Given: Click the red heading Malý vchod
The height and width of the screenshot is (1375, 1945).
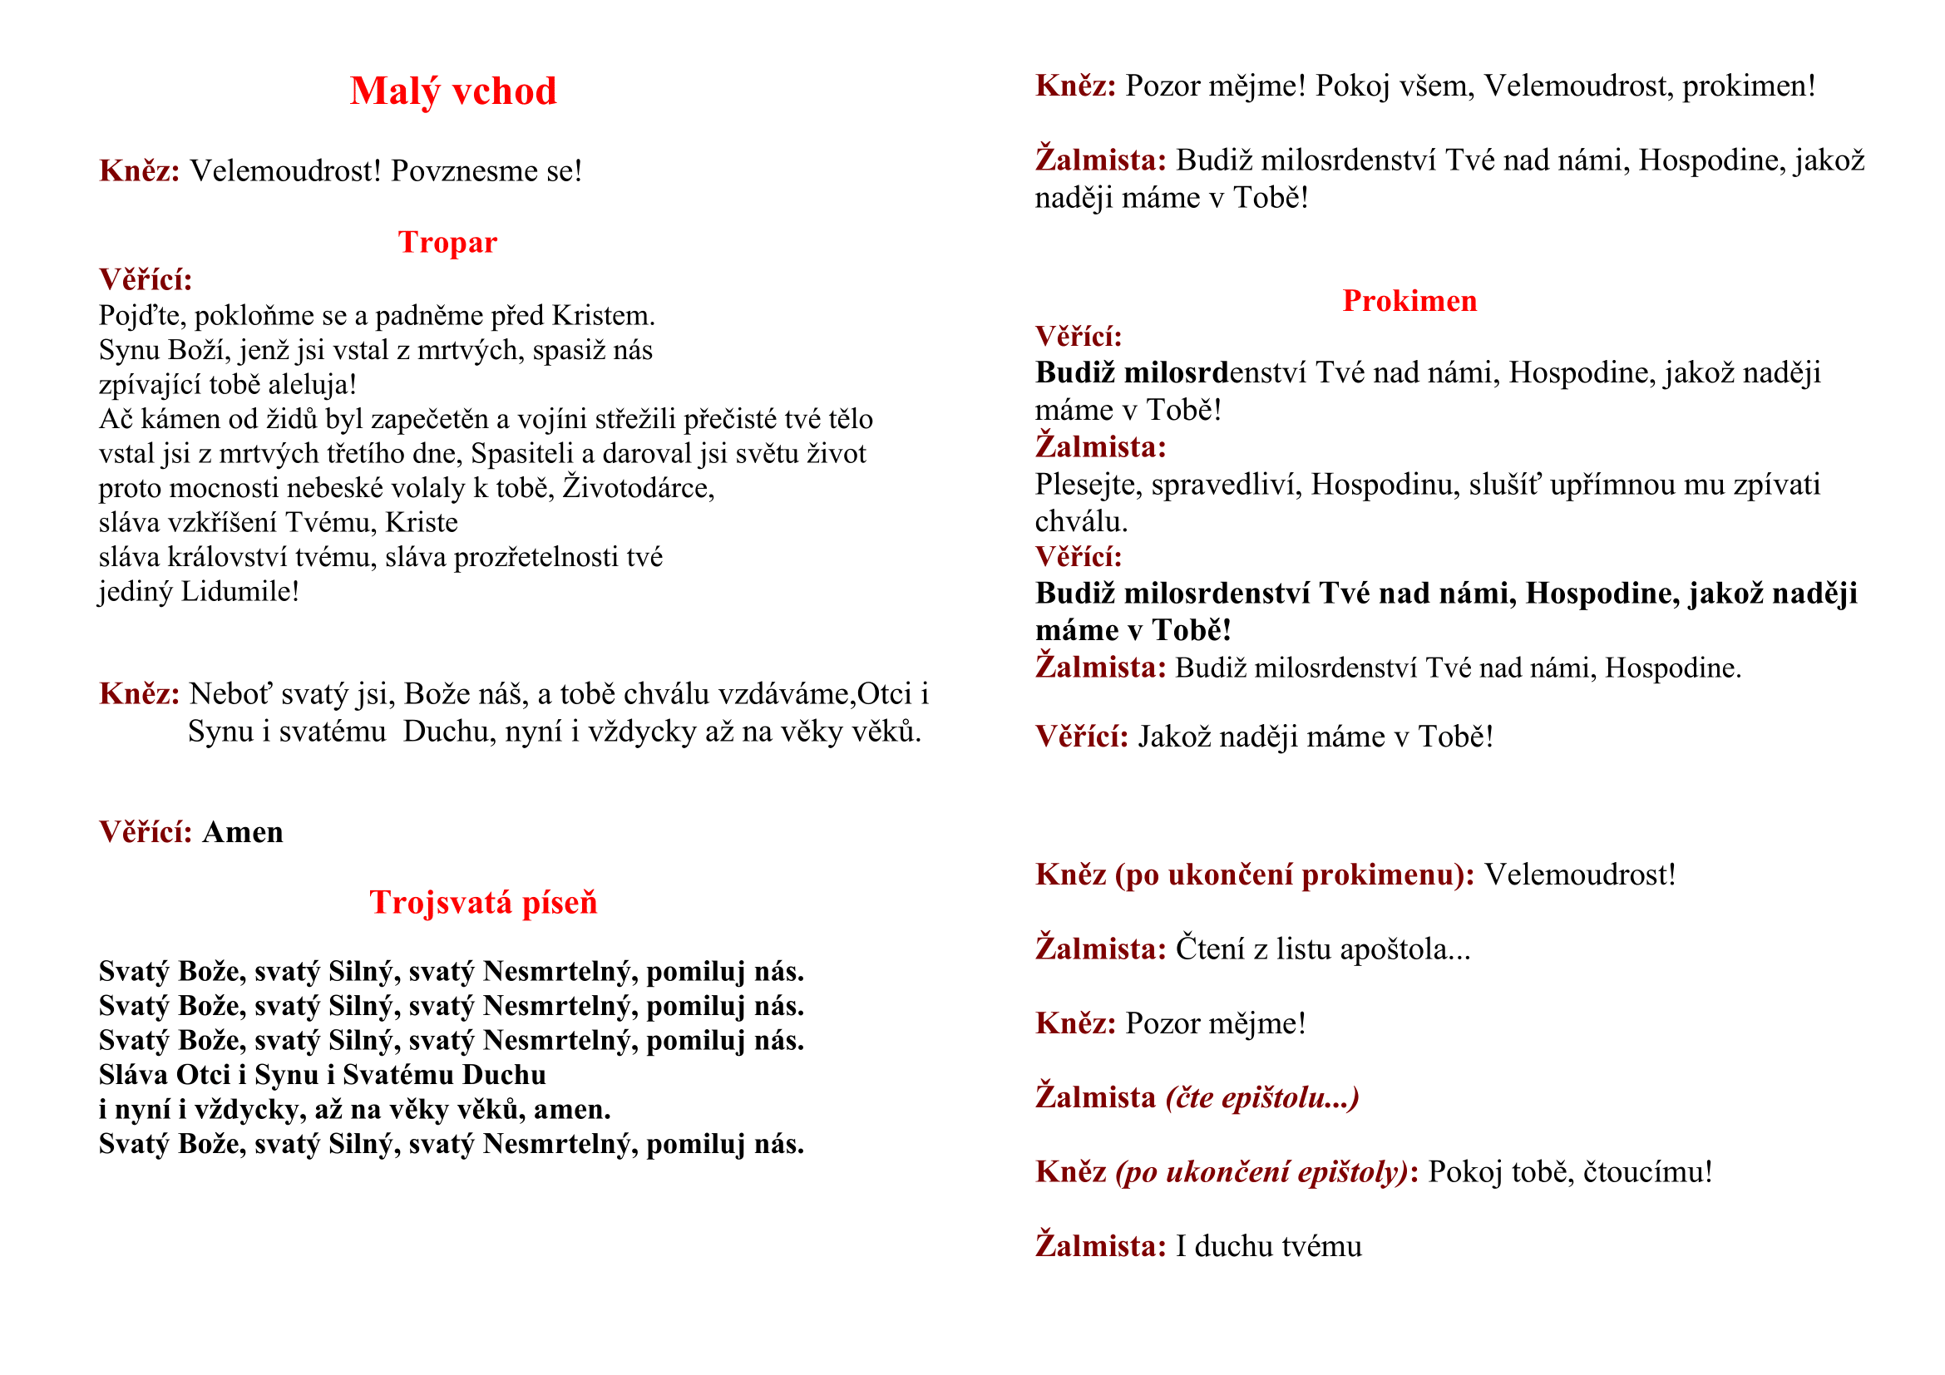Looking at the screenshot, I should pos(453,91).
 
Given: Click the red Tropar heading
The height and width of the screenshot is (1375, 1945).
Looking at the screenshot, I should pos(447,242).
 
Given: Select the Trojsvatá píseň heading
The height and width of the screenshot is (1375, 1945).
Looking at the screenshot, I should pos(483,903).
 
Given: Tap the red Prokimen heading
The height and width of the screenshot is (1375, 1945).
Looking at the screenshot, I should pos(1409,302).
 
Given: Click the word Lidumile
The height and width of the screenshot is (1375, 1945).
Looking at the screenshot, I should pos(239,592).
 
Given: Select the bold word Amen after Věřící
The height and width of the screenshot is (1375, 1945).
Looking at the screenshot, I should pos(242,833).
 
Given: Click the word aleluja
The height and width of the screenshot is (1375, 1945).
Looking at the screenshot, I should pos(311,385).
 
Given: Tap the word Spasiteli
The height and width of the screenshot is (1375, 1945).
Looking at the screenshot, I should pos(522,454).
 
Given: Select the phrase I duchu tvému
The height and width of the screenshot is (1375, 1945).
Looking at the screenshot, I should pos(1268,1247).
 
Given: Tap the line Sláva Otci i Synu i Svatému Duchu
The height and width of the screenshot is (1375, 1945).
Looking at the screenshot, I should pos(322,1075).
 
